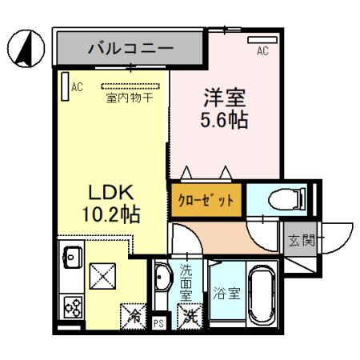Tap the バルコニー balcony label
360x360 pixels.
[130, 48]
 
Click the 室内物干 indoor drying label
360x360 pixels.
[130, 98]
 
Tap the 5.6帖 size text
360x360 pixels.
[222, 122]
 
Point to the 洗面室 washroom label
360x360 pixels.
[186, 282]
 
